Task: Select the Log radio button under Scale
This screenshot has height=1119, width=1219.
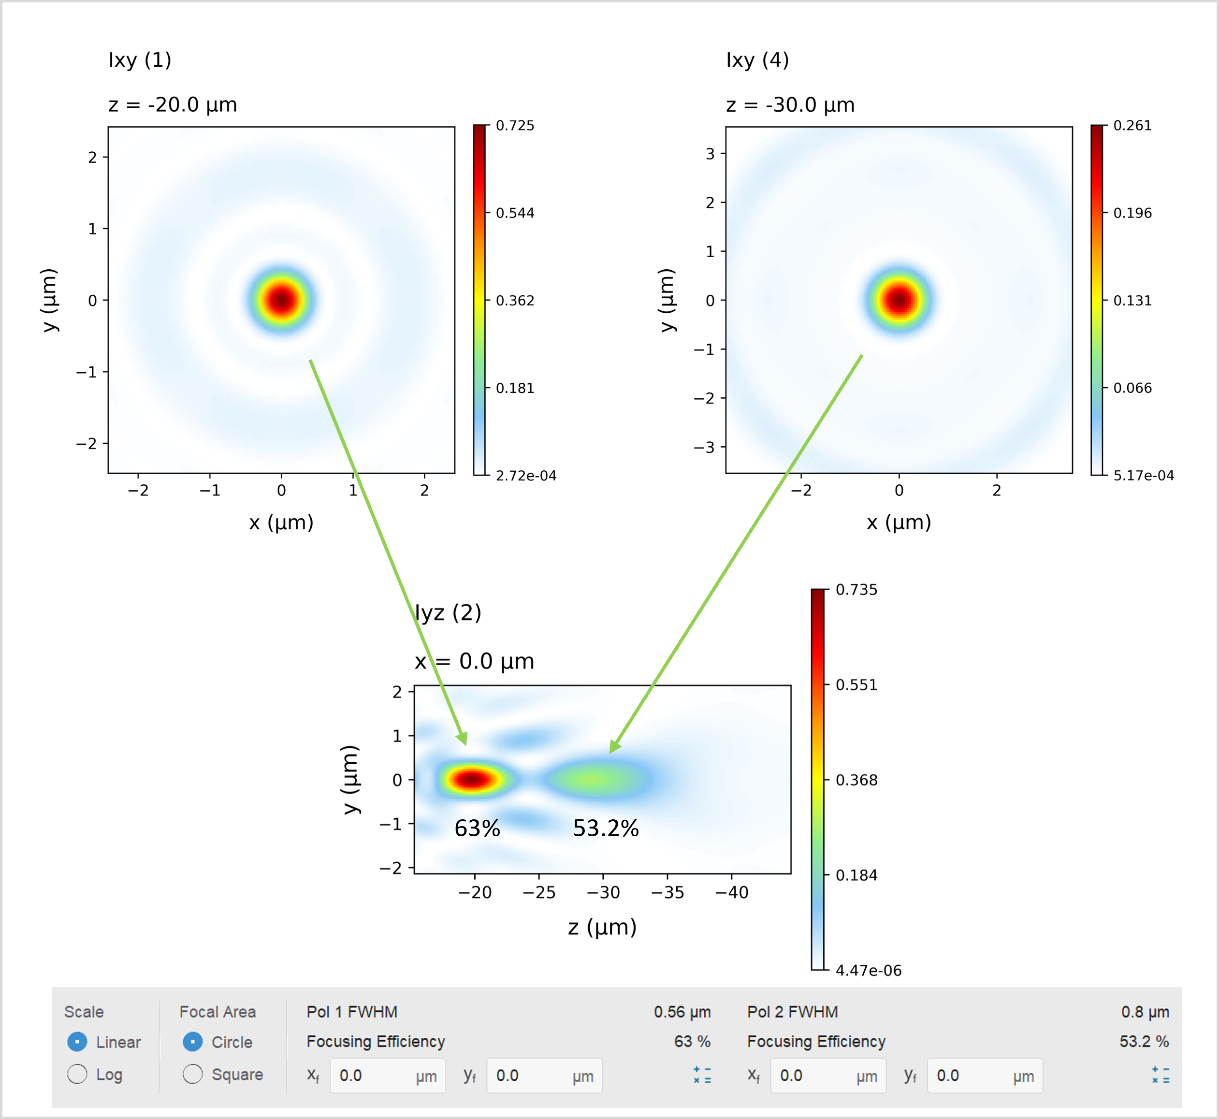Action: coord(77,1074)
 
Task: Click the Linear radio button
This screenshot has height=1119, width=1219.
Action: coord(77,1042)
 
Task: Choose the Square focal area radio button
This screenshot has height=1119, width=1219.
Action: coord(192,1074)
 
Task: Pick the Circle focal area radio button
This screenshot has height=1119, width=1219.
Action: coord(192,1042)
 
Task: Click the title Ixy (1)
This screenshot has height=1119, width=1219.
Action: coord(140,60)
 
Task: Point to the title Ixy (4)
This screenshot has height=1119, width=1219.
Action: coord(757,60)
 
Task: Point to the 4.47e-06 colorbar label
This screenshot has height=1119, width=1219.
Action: coord(869,971)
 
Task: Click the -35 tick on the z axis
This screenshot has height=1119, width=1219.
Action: coord(668,892)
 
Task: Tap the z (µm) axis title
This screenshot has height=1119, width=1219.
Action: coord(602,927)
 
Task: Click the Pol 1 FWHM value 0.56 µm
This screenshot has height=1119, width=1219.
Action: coord(682,1012)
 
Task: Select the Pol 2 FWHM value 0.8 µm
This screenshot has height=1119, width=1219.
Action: coord(1145,1012)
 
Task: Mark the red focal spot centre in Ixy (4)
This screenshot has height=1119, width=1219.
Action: coord(899,299)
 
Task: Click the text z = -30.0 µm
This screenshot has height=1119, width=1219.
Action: coord(790,105)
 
